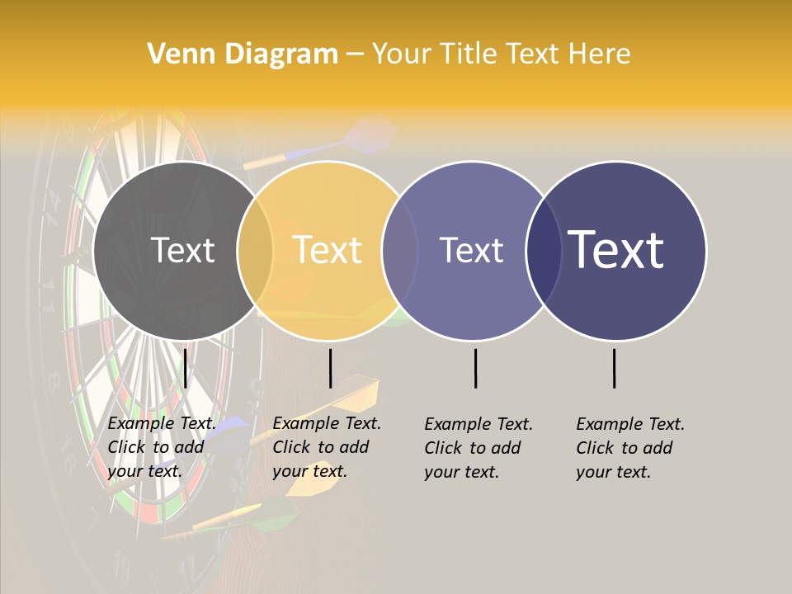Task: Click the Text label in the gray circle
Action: [x=182, y=250]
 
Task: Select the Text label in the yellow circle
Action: [x=328, y=250]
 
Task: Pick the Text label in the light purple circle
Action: [x=471, y=250]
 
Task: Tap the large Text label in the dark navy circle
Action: [x=616, y=250]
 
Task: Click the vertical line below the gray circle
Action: [x=186, y=368]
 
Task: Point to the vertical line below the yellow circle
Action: [x=330, y=368]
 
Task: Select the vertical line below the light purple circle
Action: [x=476, y=368]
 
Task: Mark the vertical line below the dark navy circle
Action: [x=615, y=368]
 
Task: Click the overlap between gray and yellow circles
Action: [x=255, y=251]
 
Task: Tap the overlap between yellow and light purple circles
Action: [x=400, y=251]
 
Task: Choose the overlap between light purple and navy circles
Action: [x=544, y=251]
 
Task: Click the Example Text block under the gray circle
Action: [x=161, y=447]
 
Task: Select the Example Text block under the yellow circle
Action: [x=326, y=447]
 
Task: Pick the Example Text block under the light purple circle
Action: [x=478, y=448]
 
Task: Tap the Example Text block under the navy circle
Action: [x=629, y=448]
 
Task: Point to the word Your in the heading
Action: [x=403, y=54]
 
